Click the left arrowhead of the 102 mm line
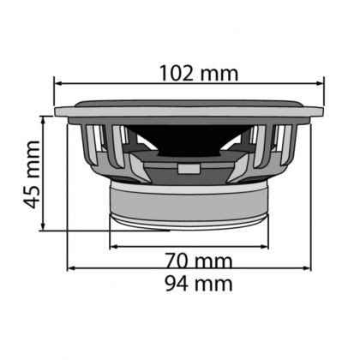pos(58,84)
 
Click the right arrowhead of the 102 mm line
pos(321,84)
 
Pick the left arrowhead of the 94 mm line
pos(71,268)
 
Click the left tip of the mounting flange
pos(57,111)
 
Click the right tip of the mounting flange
pos(323,111)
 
